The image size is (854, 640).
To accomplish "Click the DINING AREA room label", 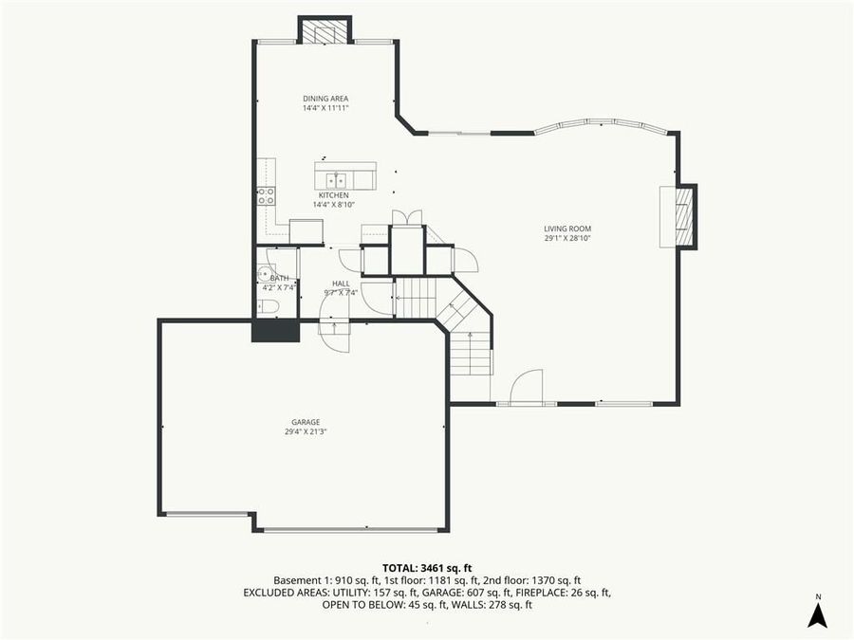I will (x=325, y=99).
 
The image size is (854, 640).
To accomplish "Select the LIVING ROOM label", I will (x=567, y=229).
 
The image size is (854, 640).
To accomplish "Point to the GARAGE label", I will (x=306, y=422).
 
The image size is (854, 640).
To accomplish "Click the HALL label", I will (x=341, y=283).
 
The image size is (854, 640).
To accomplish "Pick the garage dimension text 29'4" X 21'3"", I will (x=306, y=431).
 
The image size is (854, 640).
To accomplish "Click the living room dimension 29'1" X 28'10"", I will (x=567, y=238).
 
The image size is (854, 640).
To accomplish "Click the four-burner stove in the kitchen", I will (x=266, y=196).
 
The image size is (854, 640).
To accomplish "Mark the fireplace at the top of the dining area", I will (x=325, y=33).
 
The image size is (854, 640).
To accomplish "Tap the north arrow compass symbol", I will (x=817, y=613).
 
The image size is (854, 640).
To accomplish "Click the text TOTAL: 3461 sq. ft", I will (x=426, y=568).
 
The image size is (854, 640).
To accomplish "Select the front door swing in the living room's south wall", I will (x=527, y=388).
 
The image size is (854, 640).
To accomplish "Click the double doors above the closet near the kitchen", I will (x=408, y=217).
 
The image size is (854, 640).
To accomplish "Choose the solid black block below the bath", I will (x=275, y=331).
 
